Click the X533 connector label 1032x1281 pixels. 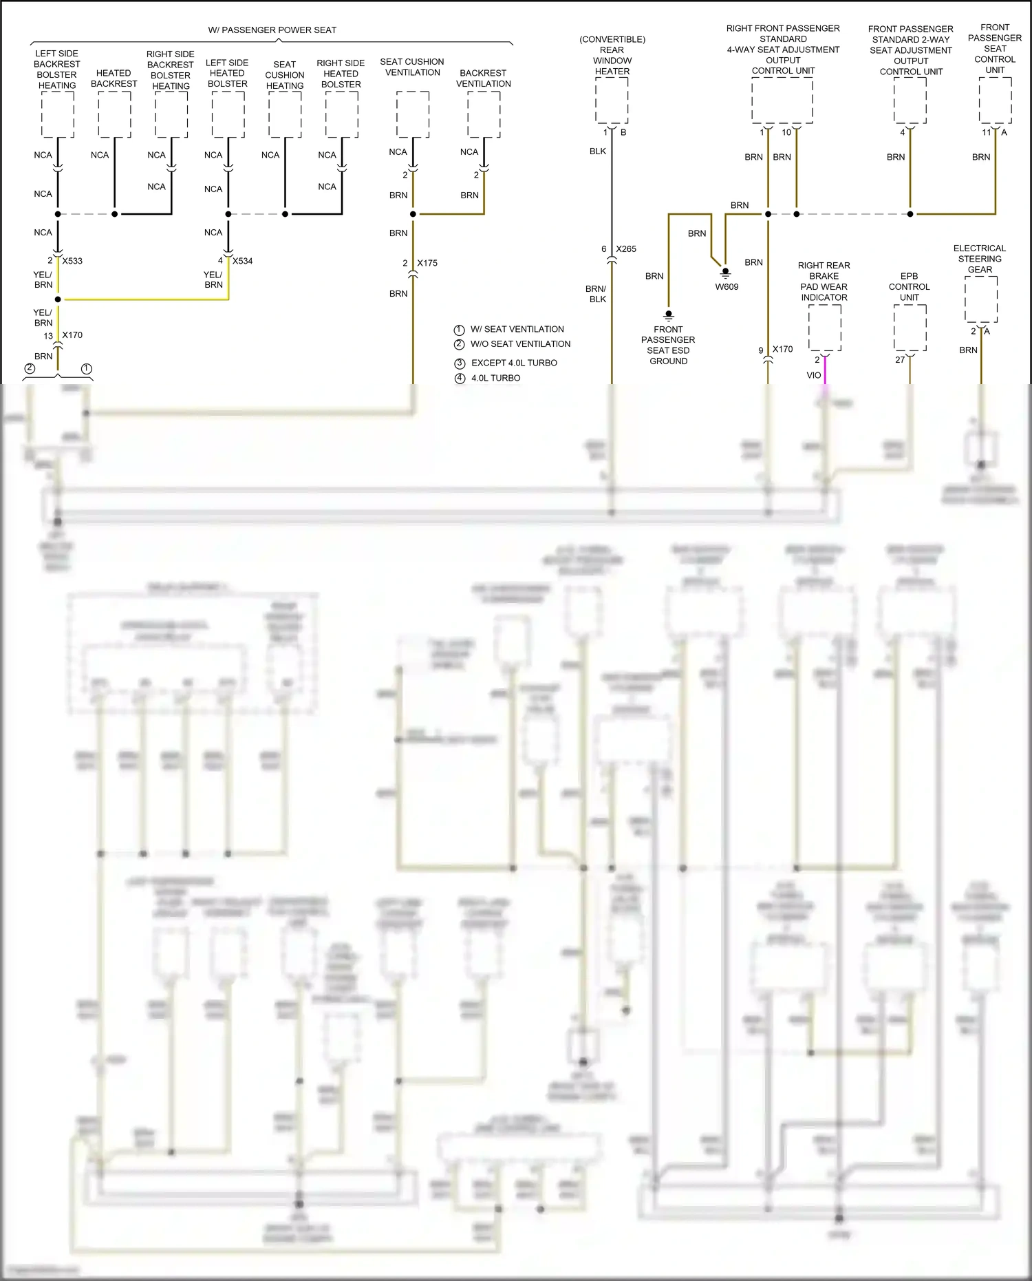click(72, 261)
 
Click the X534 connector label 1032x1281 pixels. click(242, 261)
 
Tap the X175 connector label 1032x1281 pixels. click(427, 263)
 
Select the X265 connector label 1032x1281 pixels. click(626, 249)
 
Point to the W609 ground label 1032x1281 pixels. click(727, 286)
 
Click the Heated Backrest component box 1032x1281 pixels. click(114, 114)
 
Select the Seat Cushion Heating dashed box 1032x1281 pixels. click(285, 114)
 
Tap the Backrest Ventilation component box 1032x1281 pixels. click(484, 114)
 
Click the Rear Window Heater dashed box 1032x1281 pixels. click(612, 100)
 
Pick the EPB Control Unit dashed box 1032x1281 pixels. click(910, 328)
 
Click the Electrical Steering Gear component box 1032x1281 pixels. click(980, 299)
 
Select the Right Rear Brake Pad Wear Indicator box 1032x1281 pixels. click(824, 328)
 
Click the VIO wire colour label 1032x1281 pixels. click(814, 375)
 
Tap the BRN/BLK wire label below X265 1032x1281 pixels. click(596, 294)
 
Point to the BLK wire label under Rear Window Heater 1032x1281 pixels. click(597, 151)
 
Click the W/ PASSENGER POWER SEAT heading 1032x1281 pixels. click(272, 30)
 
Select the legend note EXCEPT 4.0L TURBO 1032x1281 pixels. click(514, 363)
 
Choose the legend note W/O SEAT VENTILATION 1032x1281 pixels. click(520, 344)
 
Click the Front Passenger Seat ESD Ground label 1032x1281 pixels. click(668, 345)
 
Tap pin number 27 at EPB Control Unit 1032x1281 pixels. click(900, 359)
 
